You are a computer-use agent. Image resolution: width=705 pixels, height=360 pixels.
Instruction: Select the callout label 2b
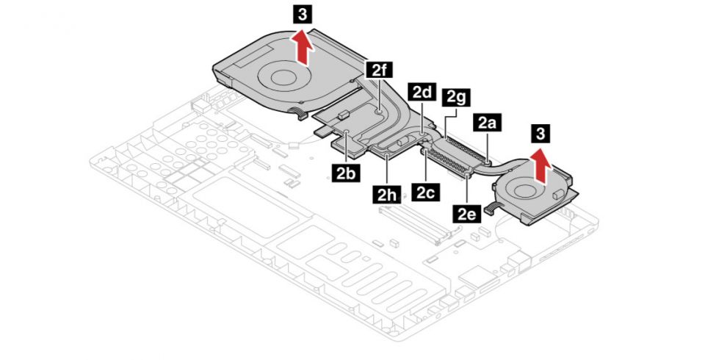coord(344,173)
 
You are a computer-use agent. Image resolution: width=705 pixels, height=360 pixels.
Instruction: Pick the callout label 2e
coord(467,214)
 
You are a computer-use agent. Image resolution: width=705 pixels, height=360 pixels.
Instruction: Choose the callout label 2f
coord(378,71)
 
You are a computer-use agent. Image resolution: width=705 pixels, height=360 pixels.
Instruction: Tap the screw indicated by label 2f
coord(377,112)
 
